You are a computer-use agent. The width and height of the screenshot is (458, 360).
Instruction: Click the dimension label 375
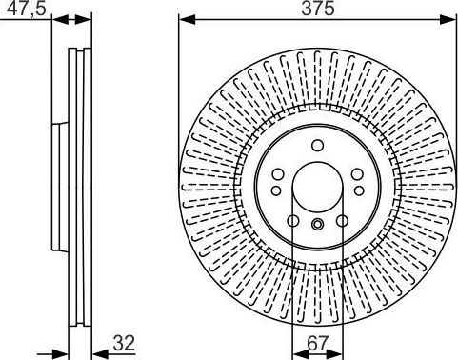318,8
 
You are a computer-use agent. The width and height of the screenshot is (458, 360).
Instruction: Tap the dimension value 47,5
27,8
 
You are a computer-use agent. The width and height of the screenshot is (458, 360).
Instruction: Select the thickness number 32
124,343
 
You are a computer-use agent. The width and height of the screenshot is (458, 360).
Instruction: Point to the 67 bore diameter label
318,343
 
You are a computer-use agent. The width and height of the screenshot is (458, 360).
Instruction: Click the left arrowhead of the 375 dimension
187,20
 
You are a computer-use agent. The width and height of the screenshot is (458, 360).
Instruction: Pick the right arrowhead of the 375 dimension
448,20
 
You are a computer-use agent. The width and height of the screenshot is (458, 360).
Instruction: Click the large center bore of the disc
318,188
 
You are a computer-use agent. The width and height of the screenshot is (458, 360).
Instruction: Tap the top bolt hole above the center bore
317,146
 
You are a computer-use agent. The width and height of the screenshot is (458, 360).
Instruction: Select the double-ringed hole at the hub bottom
317,225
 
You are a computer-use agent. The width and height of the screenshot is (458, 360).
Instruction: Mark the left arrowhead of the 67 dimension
300,353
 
